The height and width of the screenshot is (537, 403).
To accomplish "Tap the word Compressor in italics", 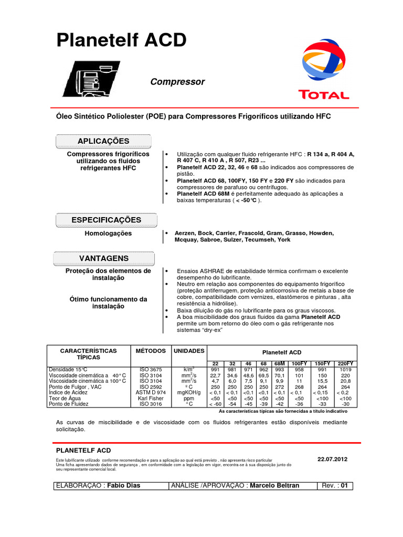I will pyautogui.click(x=177, y=82).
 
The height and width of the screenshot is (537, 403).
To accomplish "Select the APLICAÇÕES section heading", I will pyautogui.click(x=103, y=141).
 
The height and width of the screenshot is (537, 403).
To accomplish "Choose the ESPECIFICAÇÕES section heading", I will pyautogui.click(x=106, y=220).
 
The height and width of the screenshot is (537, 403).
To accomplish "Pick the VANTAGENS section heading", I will pyautogui.click(x=103, y=259).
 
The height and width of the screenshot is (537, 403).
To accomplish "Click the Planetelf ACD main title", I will pyautogui.click(x=121, y=40).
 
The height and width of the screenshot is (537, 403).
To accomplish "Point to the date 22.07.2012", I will pyautogui.click(x=332, y=459).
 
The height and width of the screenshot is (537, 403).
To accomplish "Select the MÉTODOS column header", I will pyautogui.click(x=151, y=350).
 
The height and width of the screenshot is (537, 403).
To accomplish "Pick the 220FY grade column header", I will pyautogui.click(x=346, y=363).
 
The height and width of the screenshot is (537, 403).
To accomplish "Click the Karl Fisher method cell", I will pyautogui.click(x=151, y=399).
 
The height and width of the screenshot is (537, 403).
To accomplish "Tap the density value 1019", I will pyautogui.click(x=346, y=370).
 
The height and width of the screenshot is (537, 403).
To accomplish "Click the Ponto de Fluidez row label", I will pyautogui.click(x=69, y=404).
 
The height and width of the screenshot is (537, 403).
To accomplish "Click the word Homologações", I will pyautogui.click(x=109, y=233).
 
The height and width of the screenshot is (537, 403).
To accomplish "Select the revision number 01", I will pyautogui.click(x=345, y=486).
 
